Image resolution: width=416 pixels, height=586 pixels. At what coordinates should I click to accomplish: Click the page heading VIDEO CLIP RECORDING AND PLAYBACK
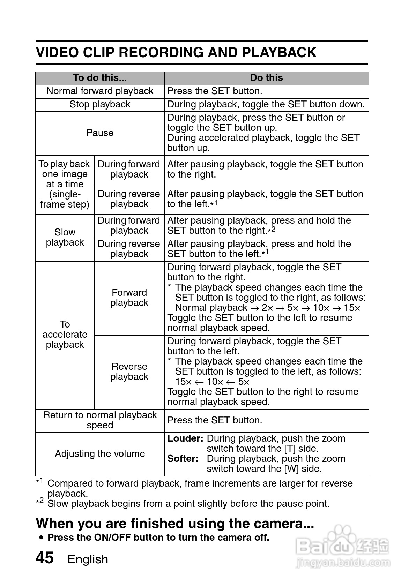[176, 52]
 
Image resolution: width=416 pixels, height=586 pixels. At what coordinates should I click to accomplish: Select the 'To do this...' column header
[100, 78]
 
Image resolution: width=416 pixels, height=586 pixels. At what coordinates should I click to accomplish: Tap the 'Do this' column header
[266, 78]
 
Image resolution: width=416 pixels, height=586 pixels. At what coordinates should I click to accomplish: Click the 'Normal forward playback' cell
[100, 91]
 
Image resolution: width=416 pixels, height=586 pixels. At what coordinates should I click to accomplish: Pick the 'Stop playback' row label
[100, 104]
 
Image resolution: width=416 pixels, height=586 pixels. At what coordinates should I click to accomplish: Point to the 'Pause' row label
[100, 133]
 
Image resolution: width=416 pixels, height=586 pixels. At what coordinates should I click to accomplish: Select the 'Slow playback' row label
[65, 237]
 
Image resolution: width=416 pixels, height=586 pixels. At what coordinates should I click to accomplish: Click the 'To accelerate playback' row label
[65, 335]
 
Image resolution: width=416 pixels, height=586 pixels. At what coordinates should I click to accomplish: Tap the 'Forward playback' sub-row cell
[129, 298]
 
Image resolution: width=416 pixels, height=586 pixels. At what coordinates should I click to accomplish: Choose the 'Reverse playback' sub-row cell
[129, 371]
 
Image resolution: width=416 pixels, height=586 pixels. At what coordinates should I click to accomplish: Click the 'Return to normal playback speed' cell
[100, 420]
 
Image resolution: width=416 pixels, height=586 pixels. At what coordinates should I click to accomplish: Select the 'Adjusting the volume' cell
[100, 454]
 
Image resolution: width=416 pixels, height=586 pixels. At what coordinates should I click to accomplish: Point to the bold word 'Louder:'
[185, 438]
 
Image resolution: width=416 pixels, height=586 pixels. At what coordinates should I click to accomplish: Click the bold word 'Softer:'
[183, 459]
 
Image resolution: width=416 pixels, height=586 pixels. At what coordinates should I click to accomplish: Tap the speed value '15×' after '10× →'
[351, 308]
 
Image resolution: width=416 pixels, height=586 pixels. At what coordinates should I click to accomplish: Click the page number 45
[45, 558]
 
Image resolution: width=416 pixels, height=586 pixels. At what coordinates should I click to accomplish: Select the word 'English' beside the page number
[88, 559]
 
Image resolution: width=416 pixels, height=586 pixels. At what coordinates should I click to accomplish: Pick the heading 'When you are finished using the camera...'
[175, 524]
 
